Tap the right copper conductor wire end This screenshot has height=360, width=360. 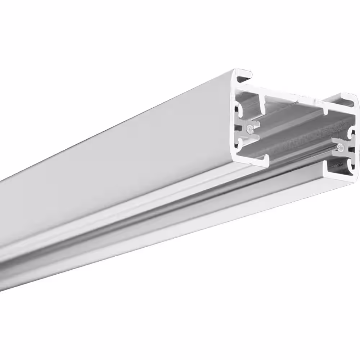pyautogui.click(x=340, y=147)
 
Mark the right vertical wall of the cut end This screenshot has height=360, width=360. pyautogui.click(x=355, y=144)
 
